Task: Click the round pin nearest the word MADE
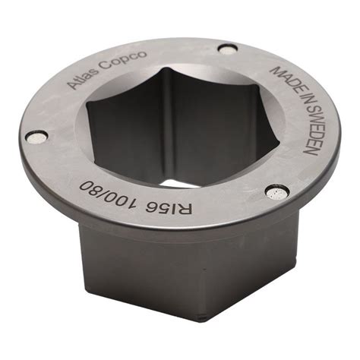coord(227,49)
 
